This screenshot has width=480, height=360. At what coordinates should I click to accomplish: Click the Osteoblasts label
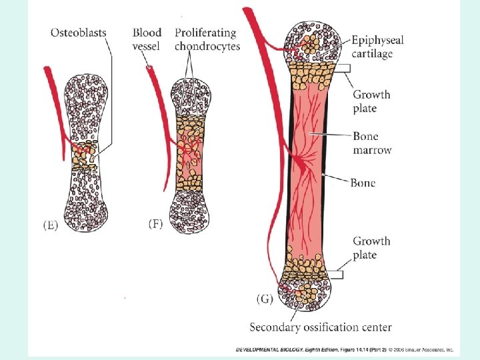(79, 33)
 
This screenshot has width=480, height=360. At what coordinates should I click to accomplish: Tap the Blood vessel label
(147, 39)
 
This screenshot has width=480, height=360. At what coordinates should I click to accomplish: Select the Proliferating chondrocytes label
(207, 39)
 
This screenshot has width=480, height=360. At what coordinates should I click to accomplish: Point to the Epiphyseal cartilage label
(377, 47)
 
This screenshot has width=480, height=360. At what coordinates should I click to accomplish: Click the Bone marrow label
(372, 143)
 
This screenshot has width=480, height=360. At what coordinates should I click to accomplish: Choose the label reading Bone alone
(363, 183)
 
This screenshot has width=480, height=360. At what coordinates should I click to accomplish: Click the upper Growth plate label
(371, 101)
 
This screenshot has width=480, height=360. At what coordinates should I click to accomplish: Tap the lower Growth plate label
(371, 248)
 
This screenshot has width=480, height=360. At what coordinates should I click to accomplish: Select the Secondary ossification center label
(321, 327)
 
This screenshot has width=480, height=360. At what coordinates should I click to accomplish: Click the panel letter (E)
(51, 225)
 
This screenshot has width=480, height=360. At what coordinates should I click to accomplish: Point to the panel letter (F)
(155, 225)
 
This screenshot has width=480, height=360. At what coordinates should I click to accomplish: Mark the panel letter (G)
(264, 299)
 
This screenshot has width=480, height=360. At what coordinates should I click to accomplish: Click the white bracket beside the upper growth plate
(343, 68)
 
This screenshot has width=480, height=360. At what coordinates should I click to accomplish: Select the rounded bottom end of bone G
(307, 293)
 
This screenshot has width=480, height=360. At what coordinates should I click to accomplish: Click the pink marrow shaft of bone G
(308, 167)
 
